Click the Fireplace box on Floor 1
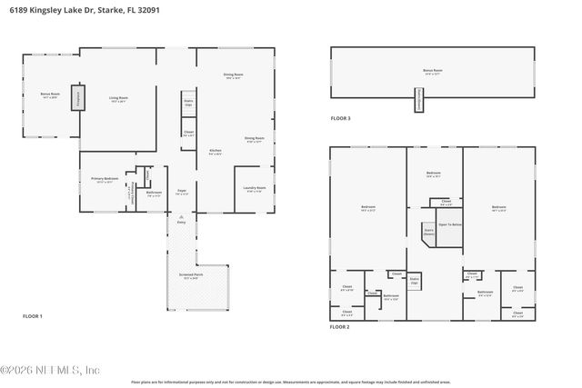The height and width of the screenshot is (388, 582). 76,97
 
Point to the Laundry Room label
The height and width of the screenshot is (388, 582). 253,189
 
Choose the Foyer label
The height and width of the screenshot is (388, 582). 181,191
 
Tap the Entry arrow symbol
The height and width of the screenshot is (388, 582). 181,216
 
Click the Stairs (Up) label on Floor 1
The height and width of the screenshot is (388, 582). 187,104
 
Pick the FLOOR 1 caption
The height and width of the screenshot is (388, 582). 33,315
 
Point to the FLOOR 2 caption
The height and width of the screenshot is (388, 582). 340,326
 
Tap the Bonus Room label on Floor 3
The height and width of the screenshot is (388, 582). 433,70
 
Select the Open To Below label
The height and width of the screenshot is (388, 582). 450,224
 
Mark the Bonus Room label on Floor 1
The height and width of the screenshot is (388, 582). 49,95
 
